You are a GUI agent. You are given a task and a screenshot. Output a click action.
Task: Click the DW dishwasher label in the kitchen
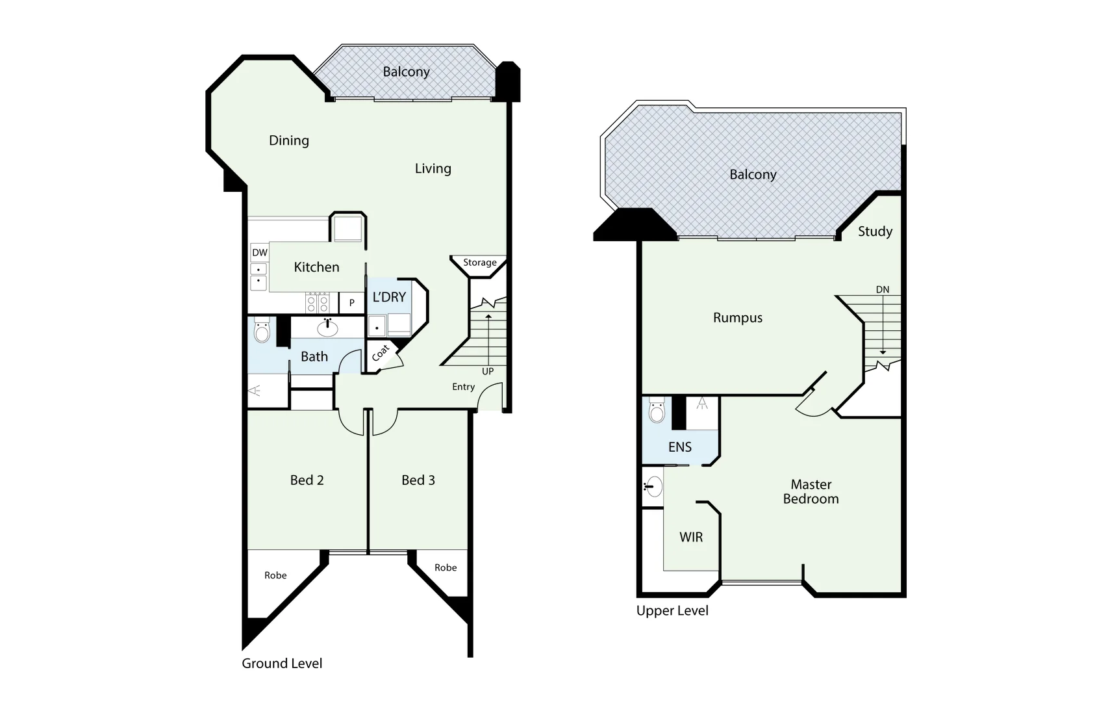(x=260, y=253)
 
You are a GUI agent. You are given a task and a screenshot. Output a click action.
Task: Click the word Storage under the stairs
(x=480, y=263)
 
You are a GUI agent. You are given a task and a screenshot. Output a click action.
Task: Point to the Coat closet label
(x=381, y=353)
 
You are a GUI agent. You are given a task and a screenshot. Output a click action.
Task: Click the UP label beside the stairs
(x=488, y=371)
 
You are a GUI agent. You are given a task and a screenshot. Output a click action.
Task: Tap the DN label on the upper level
(x=883, y=290)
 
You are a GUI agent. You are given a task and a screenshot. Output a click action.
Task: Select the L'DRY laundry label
(x=389, y=297)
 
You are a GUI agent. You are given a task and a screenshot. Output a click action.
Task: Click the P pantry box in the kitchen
(x=352, y=303)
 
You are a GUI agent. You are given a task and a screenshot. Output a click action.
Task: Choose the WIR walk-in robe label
(x=691, y=537)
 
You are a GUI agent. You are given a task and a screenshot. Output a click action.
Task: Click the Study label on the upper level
(x=875, y=231)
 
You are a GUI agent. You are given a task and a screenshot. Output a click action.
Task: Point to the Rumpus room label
(x=738, y=318)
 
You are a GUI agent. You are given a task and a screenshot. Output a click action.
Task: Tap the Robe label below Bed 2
(x=275, y=575)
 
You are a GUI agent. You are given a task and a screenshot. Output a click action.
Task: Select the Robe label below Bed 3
(x=446, y=567)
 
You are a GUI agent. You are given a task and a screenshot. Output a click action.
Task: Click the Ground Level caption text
(x=282, y=664)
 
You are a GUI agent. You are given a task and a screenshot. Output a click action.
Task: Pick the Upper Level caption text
(x=672, y=611)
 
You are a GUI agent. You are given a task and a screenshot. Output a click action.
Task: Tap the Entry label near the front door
(x=464, y=387)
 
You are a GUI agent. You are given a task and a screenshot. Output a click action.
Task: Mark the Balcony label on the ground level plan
(x=406, y=72)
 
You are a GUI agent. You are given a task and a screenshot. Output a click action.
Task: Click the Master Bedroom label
(x=811, y=492)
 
